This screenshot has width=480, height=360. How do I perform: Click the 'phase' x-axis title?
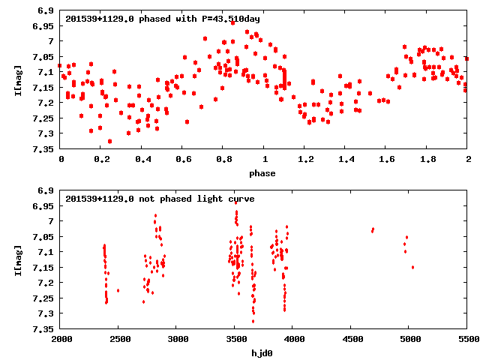[264, 173]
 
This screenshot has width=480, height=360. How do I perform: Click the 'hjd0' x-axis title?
[264, 353]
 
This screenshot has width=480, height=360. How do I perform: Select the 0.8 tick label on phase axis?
[223, 159]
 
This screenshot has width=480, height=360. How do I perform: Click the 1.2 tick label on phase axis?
[304, 159]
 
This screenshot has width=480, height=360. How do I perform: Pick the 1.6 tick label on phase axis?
[386, 159]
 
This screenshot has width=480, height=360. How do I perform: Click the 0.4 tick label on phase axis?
[142, 159]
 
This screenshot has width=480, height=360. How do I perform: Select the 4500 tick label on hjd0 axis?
[351, 339]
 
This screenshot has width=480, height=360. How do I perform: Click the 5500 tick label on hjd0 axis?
[467, 339]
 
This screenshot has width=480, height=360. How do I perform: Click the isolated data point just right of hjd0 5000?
[412, 267]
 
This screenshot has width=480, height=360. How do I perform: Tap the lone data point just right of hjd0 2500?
[118, 290]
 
